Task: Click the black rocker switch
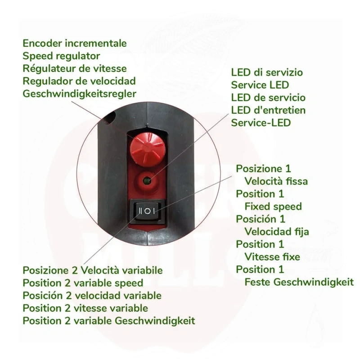coord(148,211)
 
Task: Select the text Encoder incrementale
coord(75,43)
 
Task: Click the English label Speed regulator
coord(61,56)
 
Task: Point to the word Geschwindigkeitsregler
coord(80,94)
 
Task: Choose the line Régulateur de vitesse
coord(75,68)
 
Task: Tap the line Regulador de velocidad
coord(79,81)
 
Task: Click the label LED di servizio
coord(267,72)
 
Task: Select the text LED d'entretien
coord(268,110)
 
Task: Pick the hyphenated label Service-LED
coord(261,123)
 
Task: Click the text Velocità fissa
coord(276,181)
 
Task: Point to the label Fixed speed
coord(273,207)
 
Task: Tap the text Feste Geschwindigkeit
coord(299,282)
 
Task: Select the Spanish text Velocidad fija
coord(277,232)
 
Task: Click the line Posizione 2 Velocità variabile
coord(93,270)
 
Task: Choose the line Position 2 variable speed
coord(83,283)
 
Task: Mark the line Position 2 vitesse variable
coord(85,308)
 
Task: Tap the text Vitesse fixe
coord(272,256)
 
